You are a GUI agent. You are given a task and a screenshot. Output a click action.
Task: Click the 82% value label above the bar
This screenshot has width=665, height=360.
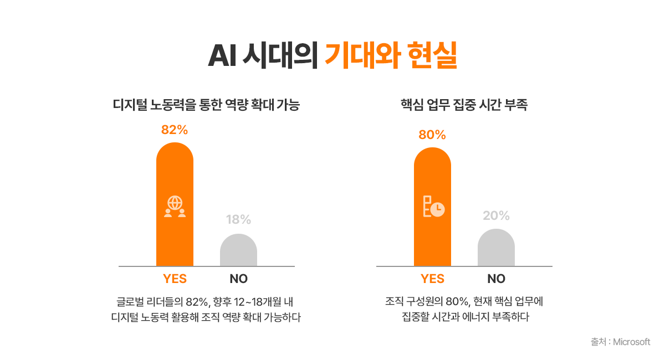click(x=175, y=130)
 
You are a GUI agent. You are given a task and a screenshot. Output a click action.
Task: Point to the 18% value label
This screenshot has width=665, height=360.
click(x=238, y=220)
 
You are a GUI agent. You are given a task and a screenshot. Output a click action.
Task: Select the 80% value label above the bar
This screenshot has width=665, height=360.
click(x=432, y=135)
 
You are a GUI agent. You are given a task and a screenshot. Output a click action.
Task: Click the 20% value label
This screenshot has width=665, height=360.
click(x=496, y=215)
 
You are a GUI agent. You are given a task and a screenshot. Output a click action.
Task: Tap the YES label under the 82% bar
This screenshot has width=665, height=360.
click(x=175, y=279)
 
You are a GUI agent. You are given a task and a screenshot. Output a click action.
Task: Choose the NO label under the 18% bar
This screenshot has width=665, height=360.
click(x=238, y=279)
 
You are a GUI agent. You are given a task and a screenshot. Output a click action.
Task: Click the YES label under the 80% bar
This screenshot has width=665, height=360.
click(x=432, y=279)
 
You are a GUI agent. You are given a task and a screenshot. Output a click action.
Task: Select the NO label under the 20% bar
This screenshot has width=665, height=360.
click(x=496, y=279)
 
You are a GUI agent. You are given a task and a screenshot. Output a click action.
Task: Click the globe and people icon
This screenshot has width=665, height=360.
click(x=175, y=206)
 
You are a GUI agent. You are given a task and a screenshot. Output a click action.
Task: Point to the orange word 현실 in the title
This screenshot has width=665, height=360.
click(x=432, y=55)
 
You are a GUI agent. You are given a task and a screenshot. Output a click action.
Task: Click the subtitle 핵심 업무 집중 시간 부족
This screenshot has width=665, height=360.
click(x=463, y=105)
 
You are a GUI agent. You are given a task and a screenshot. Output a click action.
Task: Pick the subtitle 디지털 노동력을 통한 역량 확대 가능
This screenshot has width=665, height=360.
click(x=206, y=105)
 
